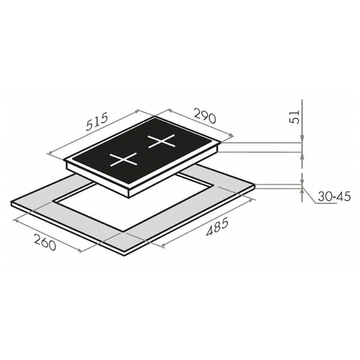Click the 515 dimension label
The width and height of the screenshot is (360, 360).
(98, 122)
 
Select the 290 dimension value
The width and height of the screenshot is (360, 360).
(204, 116)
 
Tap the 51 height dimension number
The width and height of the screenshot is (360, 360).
(294, 117)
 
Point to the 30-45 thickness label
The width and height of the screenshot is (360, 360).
(335, 197)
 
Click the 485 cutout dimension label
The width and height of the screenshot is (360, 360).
(217, 227)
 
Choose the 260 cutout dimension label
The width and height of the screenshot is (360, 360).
(45, 242)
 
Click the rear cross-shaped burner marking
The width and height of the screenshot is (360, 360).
(161, 142)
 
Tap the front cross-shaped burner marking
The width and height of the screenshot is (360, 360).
(123, 159)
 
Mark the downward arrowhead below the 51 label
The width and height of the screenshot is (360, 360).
(302, 139)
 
